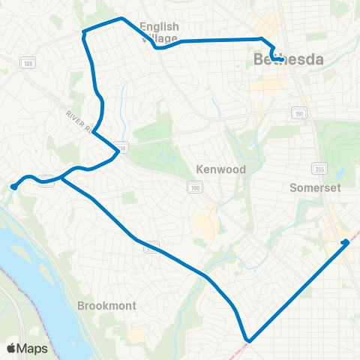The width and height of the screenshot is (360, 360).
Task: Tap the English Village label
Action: (x=159, y=32)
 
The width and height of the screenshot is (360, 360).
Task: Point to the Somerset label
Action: (x=316, y=187)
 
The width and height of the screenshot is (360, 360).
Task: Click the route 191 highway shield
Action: (x=298, y=111)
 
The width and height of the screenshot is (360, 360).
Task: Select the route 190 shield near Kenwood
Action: (x=193, y=185)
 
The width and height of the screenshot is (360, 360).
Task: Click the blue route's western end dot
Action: (x=14, y=186)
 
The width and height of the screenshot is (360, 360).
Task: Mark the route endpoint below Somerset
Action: (x=346, y=241)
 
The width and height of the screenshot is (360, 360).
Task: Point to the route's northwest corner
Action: (x=84, y=32)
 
